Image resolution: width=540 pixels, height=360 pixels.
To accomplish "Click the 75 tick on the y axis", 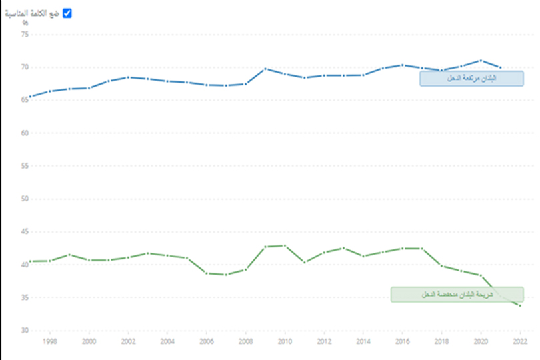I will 25,35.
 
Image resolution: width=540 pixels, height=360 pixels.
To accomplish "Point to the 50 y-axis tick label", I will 25,199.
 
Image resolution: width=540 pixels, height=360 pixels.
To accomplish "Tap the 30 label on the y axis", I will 25,330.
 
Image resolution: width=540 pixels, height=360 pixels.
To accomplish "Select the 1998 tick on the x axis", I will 49,341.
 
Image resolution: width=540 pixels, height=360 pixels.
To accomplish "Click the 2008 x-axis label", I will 245,341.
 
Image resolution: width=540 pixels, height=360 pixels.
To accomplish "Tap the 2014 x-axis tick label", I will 363,341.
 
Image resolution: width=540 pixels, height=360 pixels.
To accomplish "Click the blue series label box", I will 471,79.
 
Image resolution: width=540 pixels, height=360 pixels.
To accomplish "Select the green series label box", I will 457,295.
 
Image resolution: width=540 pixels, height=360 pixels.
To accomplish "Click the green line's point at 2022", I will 520,305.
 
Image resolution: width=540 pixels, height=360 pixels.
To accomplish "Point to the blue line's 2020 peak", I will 481,61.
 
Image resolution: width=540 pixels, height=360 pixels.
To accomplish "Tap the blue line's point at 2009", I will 265,69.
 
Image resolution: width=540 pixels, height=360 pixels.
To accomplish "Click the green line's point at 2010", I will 285,245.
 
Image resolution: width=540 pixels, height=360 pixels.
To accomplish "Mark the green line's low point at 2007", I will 226,275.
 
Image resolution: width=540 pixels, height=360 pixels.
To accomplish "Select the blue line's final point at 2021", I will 501,67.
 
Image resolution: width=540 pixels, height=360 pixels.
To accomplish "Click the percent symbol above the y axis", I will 25,23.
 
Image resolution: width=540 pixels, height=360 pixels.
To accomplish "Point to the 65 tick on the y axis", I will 25,100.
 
